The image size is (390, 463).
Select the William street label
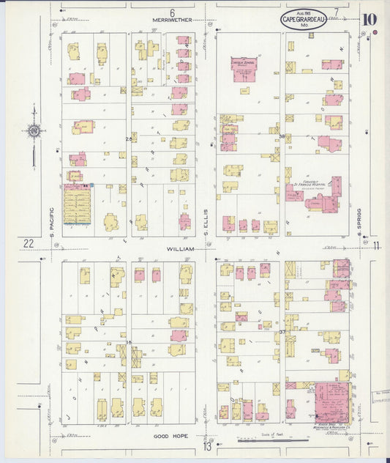[180, 249]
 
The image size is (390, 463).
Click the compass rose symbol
[33, 132]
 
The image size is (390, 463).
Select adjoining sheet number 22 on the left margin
[28, 243]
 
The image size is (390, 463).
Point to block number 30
[281, 136]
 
